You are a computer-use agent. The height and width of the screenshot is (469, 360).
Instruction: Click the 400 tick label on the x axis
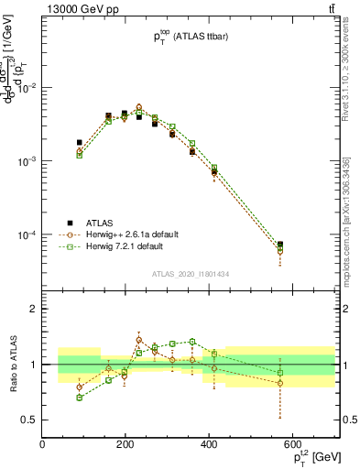[209, 446]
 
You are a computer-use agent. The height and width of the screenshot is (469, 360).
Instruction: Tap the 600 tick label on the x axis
[292, 446]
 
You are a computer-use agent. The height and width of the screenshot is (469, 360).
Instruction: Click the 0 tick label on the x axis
[42, 446]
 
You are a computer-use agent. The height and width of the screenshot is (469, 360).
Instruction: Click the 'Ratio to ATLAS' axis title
[12, 364]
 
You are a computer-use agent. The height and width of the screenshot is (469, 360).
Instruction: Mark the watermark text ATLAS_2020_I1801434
[191, 273]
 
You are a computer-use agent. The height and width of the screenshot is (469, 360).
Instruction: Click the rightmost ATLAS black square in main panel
[280, 245]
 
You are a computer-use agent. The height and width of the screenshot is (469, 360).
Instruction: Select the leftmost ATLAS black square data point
[80, 143]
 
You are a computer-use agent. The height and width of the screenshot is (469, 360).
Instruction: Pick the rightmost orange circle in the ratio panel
[280, 383]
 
